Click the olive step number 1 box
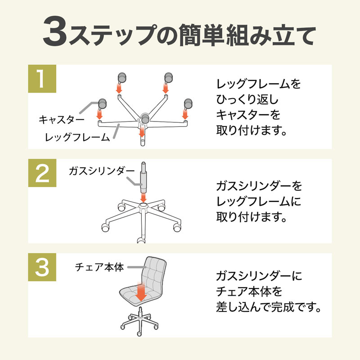(42, 79)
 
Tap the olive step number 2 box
(42, 173)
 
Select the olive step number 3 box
(42, 268)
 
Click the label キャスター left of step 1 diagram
(61, 120)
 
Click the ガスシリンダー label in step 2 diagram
(102, 171)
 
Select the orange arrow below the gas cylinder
(143, 197)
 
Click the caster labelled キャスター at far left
(101, 105)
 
